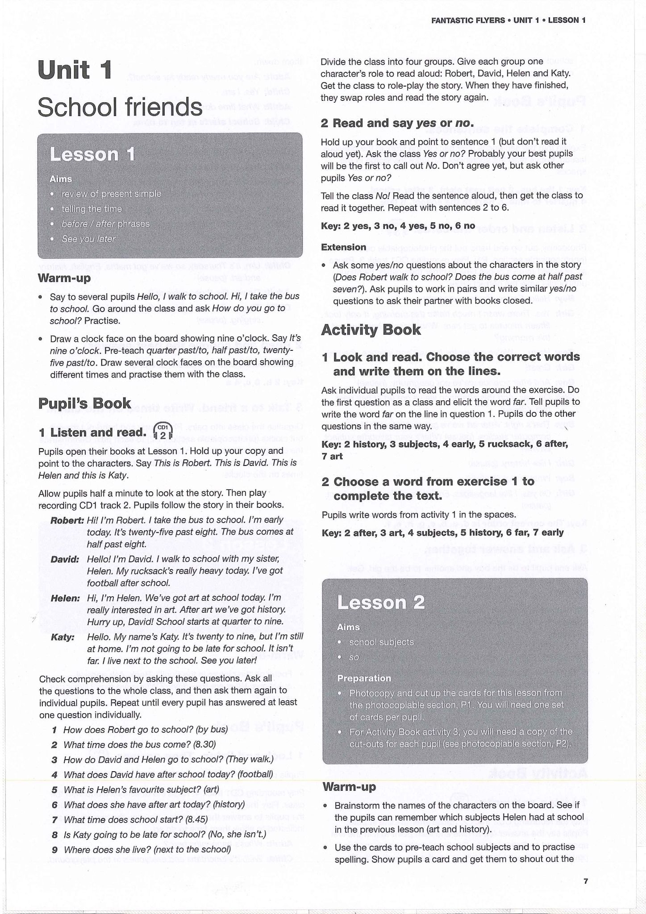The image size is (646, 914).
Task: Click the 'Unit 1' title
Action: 75,71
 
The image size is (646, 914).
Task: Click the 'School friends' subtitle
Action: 120,108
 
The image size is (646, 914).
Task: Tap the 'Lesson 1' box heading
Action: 92,154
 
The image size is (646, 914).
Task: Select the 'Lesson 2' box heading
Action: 380,602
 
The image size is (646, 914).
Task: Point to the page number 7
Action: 586,881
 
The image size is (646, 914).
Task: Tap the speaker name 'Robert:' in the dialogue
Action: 67,520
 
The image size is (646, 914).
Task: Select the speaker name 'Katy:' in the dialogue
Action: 63,637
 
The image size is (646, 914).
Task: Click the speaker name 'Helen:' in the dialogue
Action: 65,598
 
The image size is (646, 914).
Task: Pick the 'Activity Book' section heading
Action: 371,330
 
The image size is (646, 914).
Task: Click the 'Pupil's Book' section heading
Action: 84,403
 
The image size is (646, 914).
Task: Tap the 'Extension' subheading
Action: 343,247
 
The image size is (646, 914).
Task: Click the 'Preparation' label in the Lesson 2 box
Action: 364,678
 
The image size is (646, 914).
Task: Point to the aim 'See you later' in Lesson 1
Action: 88,239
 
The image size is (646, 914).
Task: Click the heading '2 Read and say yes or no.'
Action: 397,123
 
